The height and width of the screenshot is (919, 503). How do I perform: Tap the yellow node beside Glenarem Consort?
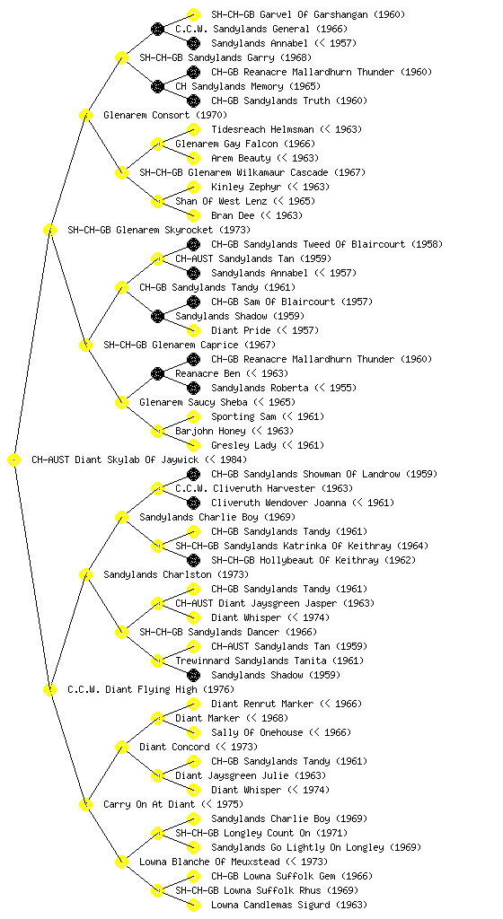[x=85, y=115]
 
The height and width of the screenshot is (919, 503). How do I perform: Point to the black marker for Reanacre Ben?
[x=157, y=373]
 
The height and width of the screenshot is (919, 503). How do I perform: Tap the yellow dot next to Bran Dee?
[x=193, y=215]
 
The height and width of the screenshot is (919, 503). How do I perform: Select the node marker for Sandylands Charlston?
[x=85, y=574]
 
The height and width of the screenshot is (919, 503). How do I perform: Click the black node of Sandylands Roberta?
[x=193, y=388]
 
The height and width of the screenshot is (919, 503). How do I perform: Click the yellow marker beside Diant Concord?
[x=121, y=747]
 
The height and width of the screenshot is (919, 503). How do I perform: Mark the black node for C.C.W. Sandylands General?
[x=157, y=29]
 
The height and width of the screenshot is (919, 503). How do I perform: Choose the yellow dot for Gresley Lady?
[x=193, y=445]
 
